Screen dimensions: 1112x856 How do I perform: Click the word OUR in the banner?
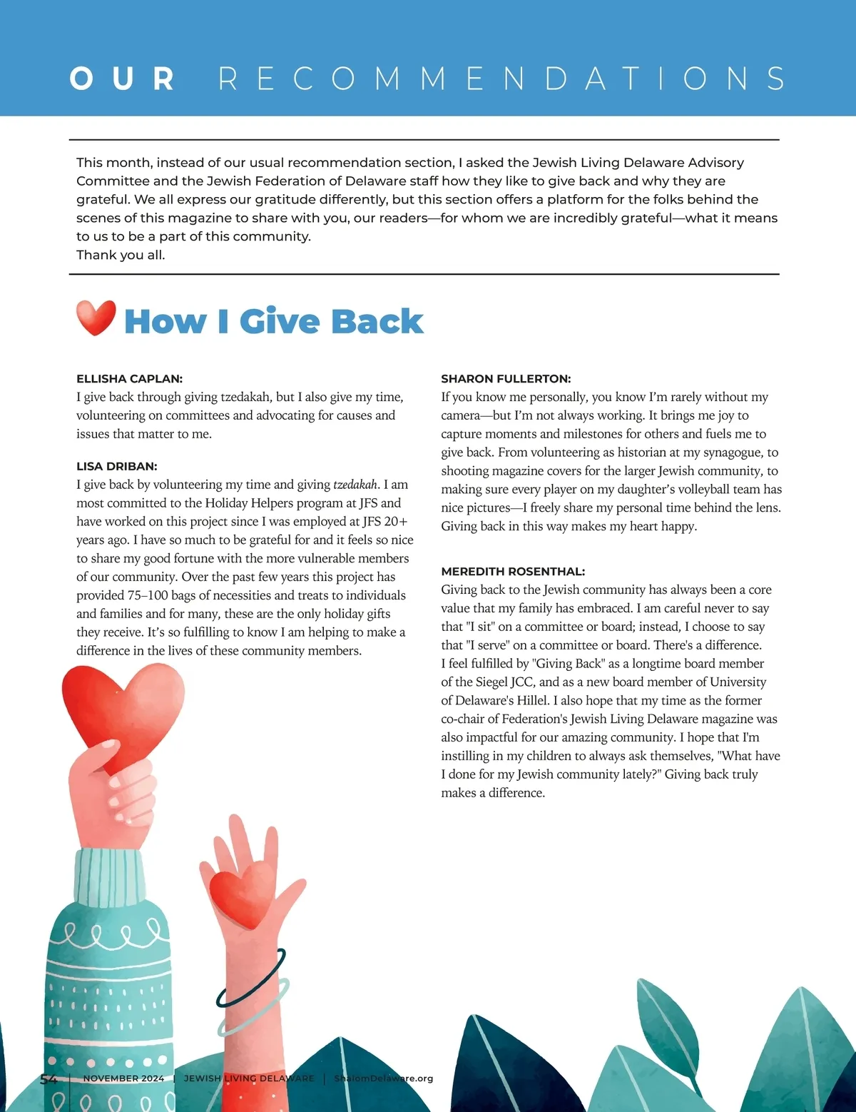pos(122,79)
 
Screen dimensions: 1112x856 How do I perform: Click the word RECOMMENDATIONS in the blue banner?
pos(501,79)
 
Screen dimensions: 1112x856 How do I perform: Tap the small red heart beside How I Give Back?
pos(96,318)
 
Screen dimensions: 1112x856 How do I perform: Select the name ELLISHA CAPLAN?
pos(129,379)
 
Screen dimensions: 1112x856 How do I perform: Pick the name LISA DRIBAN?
pos(116,467)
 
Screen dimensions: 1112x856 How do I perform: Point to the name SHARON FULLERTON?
pos(506,379)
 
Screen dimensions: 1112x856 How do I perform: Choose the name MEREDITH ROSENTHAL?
pos(513,572)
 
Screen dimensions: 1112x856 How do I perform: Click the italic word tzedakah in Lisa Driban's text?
pos(355,485)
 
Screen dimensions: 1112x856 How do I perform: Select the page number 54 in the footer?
pos(49,1079)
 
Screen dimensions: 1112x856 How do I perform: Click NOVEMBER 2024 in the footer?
pos(123,1078)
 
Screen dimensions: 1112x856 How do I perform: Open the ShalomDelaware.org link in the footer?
pos(383,1078)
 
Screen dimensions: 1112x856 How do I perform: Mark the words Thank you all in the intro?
pos(121,256)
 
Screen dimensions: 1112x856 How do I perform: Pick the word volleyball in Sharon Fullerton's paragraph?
pos(683,490)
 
